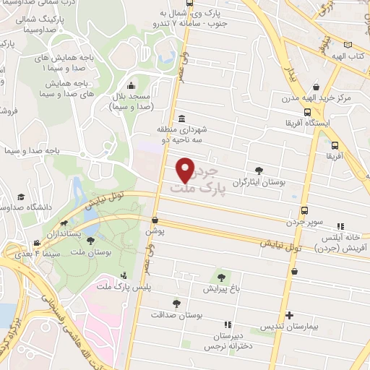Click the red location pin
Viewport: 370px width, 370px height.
[x=186, y=169]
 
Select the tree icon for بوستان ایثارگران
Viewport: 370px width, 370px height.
[x=259, y=171]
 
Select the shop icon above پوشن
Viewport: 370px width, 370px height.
[x=155, y=220]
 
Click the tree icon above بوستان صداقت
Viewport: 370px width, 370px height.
[x=176, y=304]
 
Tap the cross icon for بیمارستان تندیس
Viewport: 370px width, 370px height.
[x=289, y=315]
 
